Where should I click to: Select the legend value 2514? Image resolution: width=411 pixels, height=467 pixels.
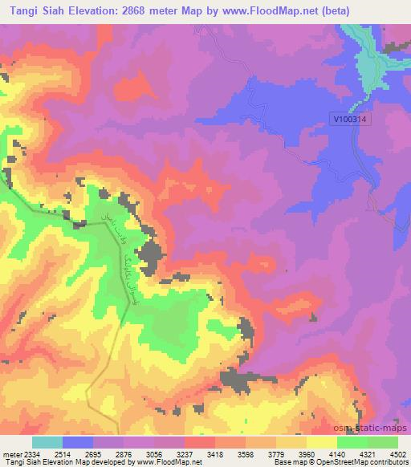point(63,454)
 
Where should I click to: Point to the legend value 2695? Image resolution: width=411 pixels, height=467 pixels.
point(94,454)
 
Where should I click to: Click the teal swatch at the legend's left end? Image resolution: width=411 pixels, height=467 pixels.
point(47,442)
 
